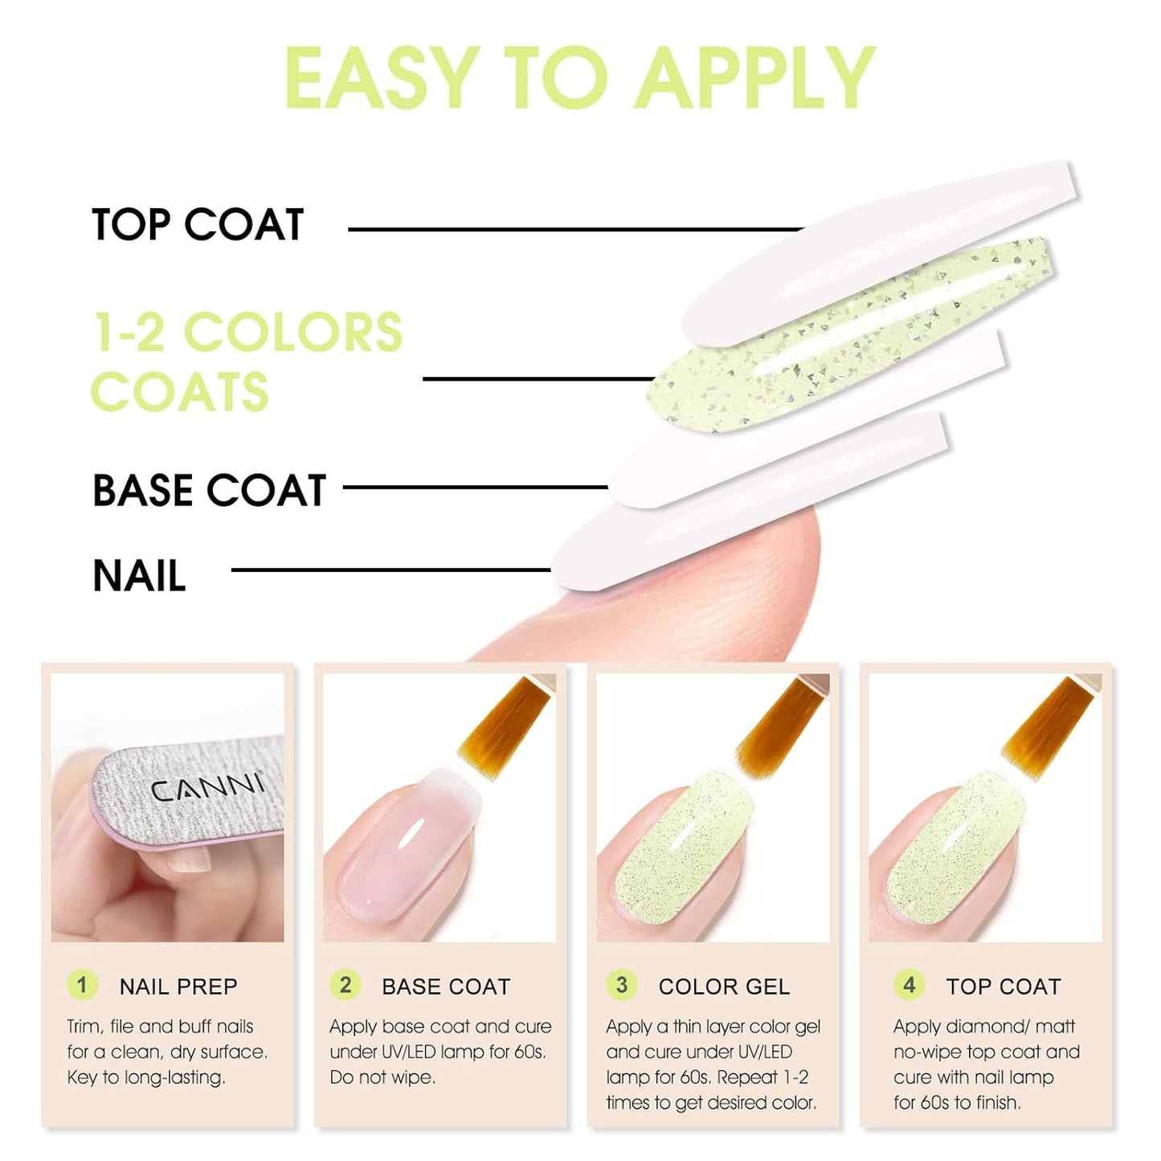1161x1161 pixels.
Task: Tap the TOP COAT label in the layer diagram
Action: [198, 224]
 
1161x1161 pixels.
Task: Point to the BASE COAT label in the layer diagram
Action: [209, 490]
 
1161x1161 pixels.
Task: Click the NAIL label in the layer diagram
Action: [139, 575]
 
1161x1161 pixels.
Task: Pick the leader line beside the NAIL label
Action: [390, 570]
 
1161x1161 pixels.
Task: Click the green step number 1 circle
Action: [82, 985]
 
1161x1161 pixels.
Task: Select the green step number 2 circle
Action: [345, 985]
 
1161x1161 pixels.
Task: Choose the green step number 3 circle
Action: [622, 985]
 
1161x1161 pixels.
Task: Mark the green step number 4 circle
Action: [909, 985]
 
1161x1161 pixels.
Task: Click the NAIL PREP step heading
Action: [178, 987]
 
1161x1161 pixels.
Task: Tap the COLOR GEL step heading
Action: [724, 987]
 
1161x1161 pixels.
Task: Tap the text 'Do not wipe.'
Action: [382, 1077]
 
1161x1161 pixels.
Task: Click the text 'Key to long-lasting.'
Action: [146, 1077]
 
